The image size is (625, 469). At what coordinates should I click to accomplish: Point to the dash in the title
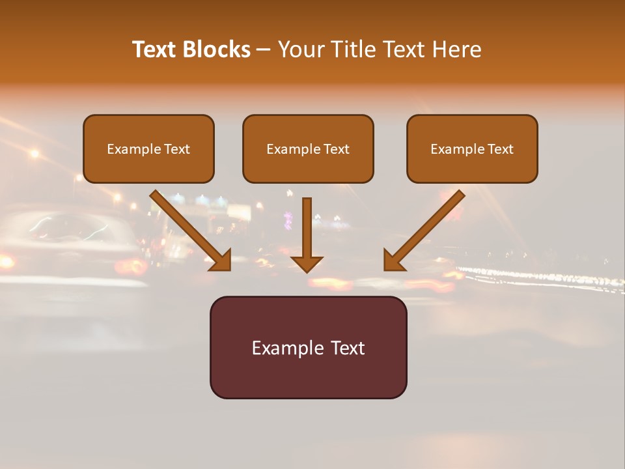point(264,50)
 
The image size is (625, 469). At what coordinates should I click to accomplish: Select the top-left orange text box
point(148,149)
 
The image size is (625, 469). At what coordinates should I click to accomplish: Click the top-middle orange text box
point(308,149)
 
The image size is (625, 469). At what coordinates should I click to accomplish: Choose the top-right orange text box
point(472,149)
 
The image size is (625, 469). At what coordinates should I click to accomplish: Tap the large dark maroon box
point(308,347)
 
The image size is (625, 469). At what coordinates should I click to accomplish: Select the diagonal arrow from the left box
point(189,228)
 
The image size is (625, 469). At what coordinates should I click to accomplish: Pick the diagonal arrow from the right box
point(426,228)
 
